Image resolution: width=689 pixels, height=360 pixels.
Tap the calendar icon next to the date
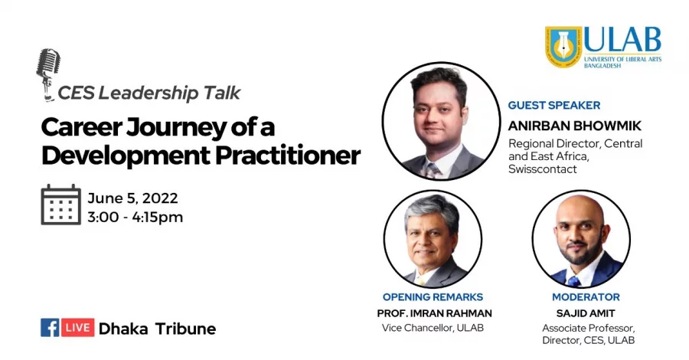pyautogui.click(x=60, y=205)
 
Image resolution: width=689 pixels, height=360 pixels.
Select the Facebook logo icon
pyautogui.click(x=50, y=328)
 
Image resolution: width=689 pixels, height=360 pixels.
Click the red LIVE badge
pyautogui.click(x=78, y=328)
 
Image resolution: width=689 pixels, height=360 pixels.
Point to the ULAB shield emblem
pyautogui.click(x=563, y=47)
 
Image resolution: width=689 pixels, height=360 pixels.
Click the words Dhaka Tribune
pyautogui.click(x=157, y=329)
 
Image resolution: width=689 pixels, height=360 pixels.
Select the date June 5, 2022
pyautogui.click(x=132, y=198)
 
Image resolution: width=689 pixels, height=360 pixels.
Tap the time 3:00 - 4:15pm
pyautogui.click(x=136, y=217)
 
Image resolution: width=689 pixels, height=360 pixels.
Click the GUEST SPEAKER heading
pyautogui.click(x=554, y=106)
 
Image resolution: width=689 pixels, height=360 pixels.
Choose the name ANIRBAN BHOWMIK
pyautogui.click(x=575, y=126)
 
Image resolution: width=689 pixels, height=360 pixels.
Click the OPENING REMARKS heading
pyautogui.click(x=433, y=297)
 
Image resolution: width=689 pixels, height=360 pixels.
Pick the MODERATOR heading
pyautogui.click(x=586, y=297)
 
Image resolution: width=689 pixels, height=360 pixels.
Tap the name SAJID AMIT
pyautogui.click(x=586, y=313)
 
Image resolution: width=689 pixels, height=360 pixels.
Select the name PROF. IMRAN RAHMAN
pyautogui.click(x=435, y=313)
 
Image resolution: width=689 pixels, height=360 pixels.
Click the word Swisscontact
pyautogui.click(x=543, y=169)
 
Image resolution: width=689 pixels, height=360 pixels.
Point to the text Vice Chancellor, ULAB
pyautogui.click(x=433, y=328)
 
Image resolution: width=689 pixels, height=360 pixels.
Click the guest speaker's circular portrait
pyautogui.click(x=441, y=121)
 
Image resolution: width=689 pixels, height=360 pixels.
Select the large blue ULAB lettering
pyautogui.click(x=622, y=40)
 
